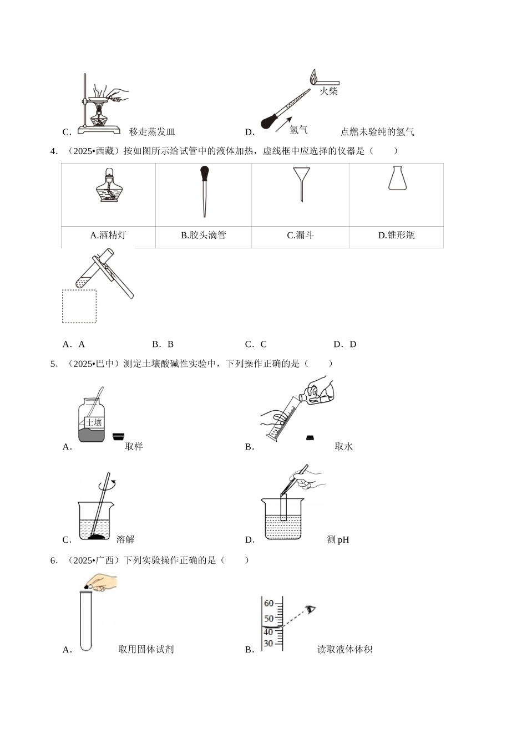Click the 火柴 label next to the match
[x=328, y=91]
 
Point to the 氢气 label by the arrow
[x=298, y=130]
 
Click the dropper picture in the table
[x=204, y=191]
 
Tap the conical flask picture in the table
[x=396, y=178]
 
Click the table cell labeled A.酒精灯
[x=108, y=235]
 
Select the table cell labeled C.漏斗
[x=300, y=235]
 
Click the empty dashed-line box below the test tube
[x=79, y=306]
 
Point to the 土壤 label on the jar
[x=93, y=423]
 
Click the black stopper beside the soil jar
[x=118, y=437]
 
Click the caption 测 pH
[x=338, y=539]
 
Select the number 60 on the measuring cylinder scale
[x=268, y=604]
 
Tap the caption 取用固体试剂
[x=146, y=649]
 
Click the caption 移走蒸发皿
[x=152, y=132]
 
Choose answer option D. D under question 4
[x=345, y=344]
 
